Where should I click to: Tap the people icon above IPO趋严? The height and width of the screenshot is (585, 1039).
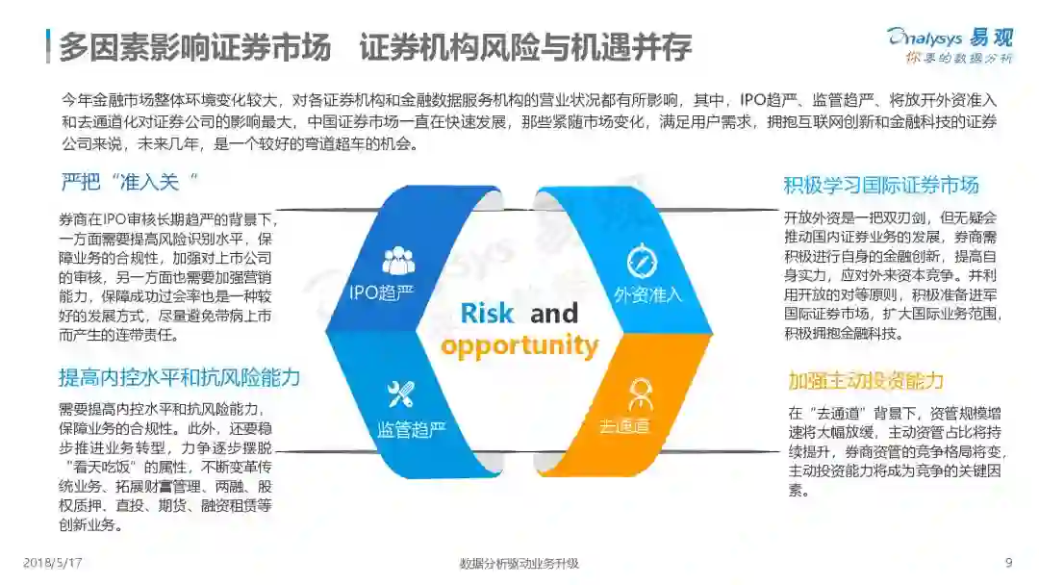(x=398, y=261)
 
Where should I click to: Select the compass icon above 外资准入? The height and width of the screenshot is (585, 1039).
(x=641, y=261)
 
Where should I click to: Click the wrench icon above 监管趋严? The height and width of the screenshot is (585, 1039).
(x=399, y=393)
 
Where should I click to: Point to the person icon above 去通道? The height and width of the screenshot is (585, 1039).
(x=640, y=393)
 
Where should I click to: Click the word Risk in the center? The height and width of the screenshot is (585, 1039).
(x=487, y=314)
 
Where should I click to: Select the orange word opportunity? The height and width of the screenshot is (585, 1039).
(x=519, y=346)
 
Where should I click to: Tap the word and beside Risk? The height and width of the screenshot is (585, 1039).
(x=554, y=314)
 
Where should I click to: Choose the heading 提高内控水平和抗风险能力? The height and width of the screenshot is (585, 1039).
(x=180, y=376)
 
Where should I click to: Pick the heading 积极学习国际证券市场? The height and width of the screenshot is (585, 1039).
(x=881, y=185)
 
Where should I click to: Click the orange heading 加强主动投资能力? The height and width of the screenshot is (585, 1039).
(x=866, y=380)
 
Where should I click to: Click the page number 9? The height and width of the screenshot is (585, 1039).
(x=1008, y=563)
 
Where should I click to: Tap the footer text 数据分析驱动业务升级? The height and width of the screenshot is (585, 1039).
(x=519, y=563)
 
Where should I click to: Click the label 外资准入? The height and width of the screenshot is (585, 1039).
(x=647, y=294)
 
